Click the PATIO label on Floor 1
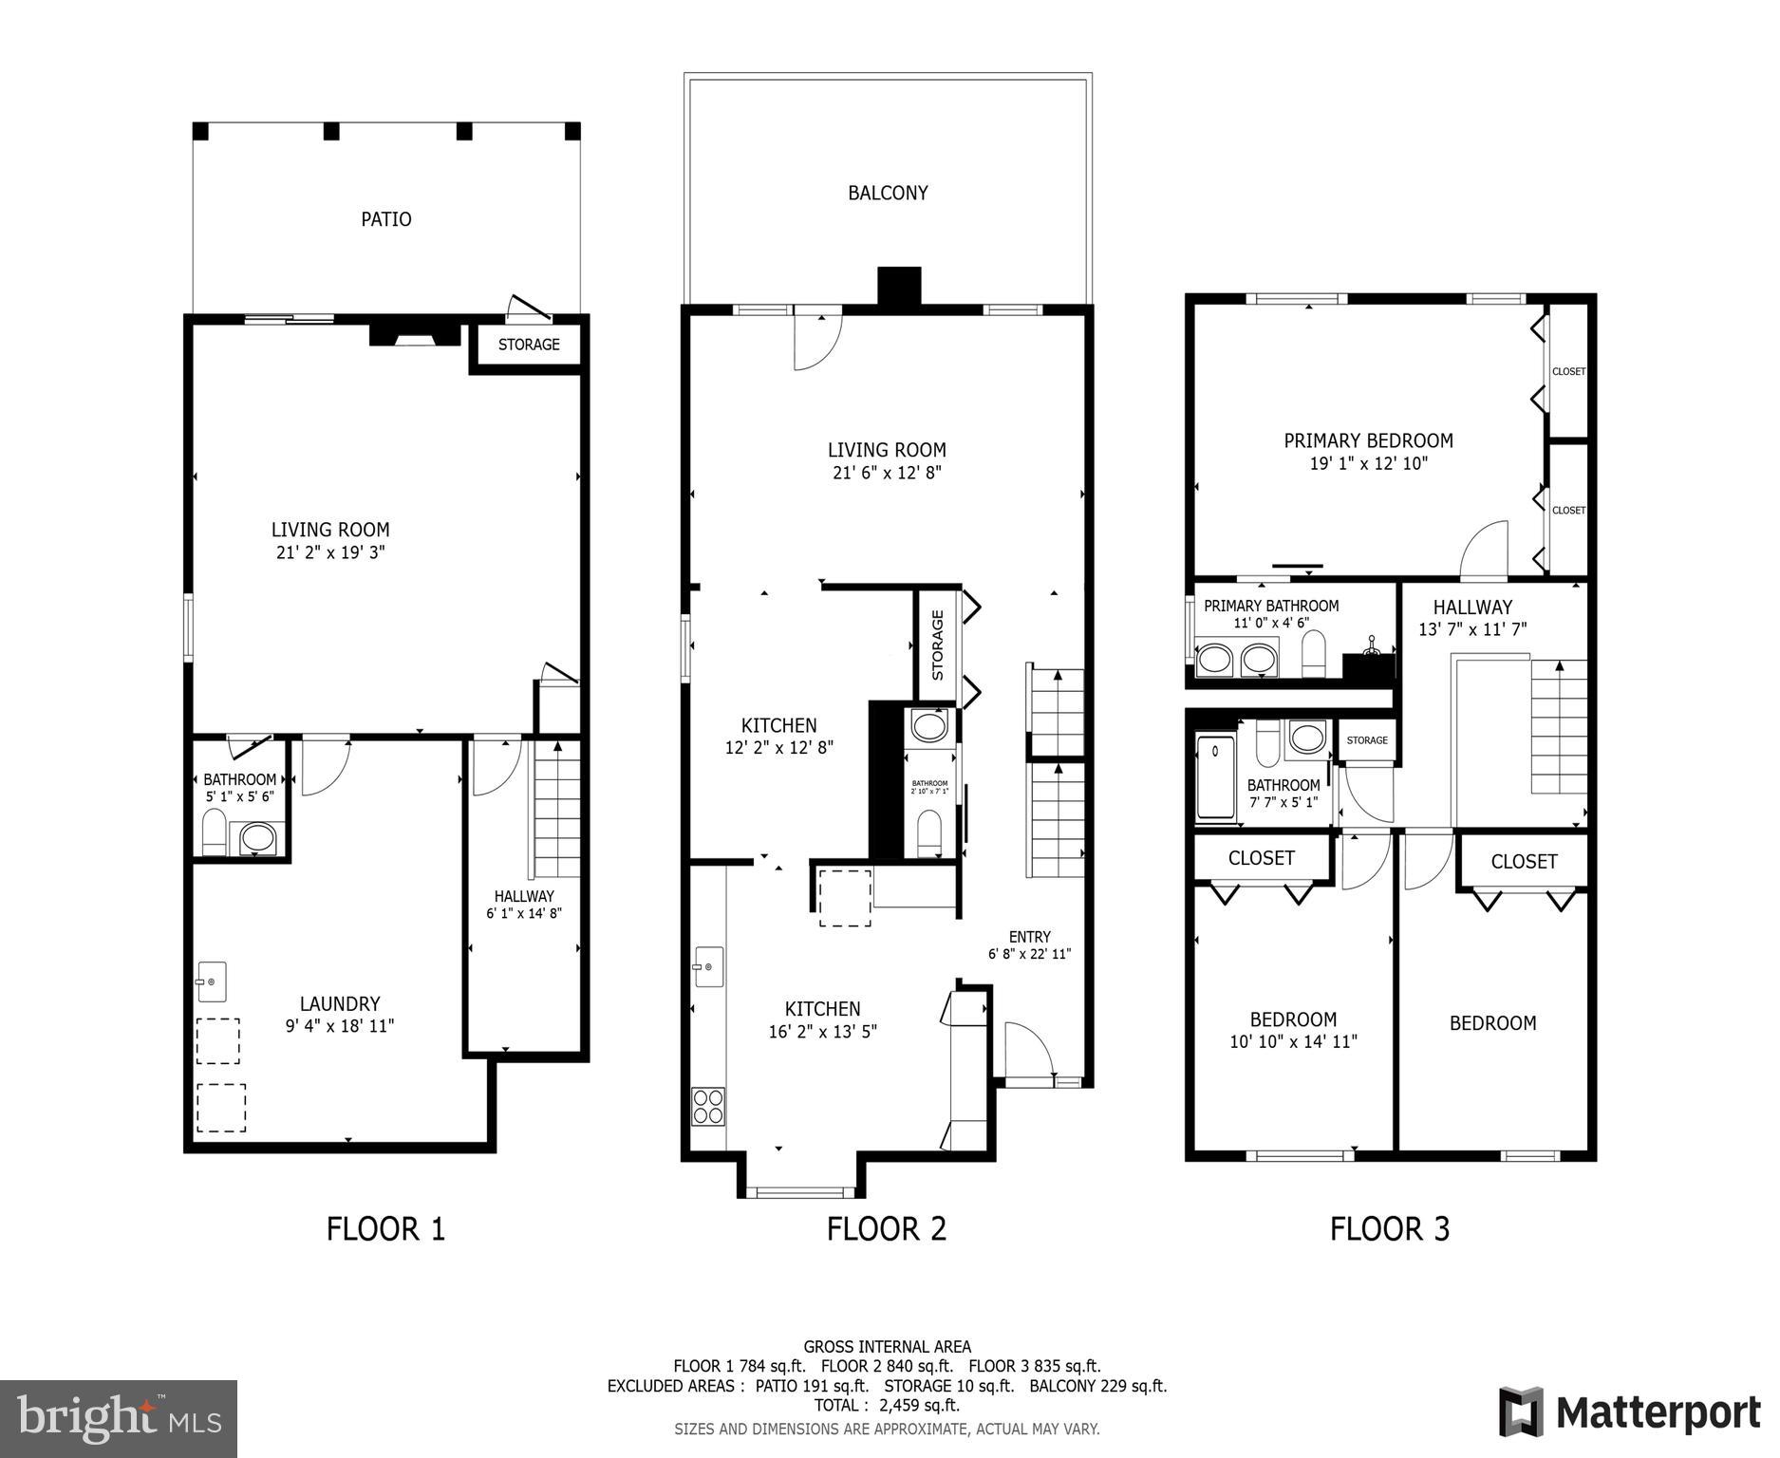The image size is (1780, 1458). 385,219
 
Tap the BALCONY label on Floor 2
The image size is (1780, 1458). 887,193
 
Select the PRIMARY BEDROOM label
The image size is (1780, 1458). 1367,440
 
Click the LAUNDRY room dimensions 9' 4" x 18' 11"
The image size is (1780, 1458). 339,1026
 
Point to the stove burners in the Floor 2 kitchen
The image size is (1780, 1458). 708,1106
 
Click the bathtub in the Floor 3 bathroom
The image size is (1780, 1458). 1214,777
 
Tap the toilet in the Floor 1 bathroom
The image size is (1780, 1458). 215,832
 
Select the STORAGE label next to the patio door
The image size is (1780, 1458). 529,345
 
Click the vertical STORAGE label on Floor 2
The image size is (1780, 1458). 937,645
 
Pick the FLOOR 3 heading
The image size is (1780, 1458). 1389,1229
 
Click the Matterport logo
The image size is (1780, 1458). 1629,1412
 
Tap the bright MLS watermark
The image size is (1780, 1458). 119,1419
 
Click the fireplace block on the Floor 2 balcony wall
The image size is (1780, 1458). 898,286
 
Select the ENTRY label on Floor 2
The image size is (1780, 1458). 1029,936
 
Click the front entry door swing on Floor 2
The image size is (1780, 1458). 1027,1050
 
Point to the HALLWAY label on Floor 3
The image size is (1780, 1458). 1471,607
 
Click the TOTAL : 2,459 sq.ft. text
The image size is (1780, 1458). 887,1405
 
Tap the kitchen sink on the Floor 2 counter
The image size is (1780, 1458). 708,966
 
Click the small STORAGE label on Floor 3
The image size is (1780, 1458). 1366,740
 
